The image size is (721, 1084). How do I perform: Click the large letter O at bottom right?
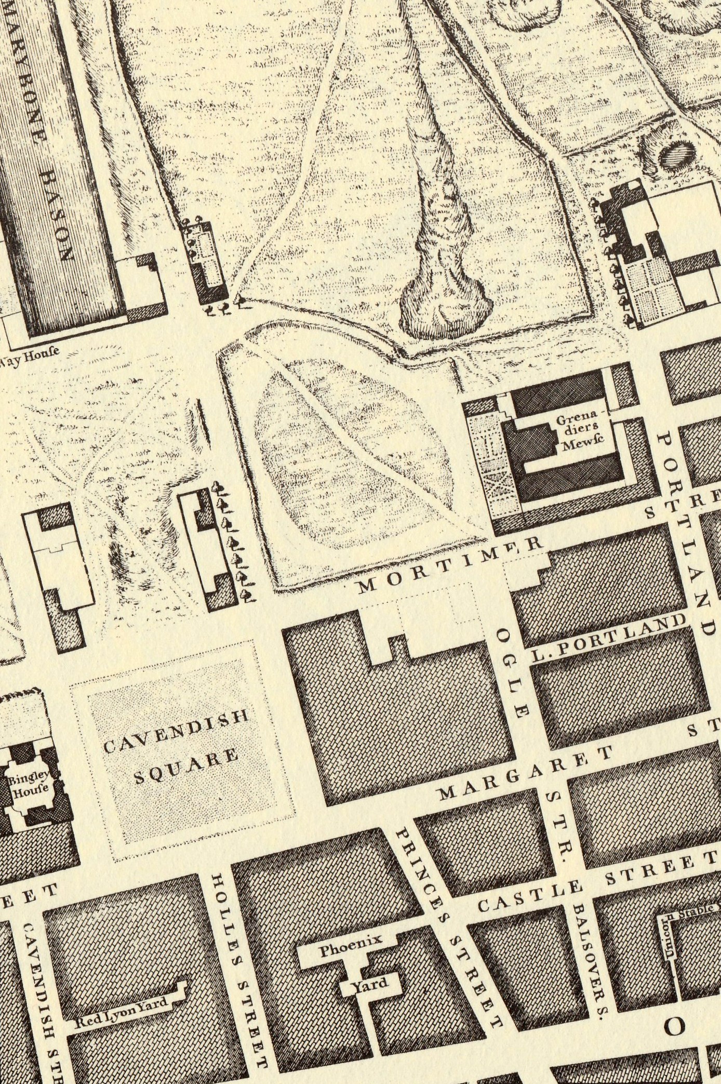click(x=675, y=1026)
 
